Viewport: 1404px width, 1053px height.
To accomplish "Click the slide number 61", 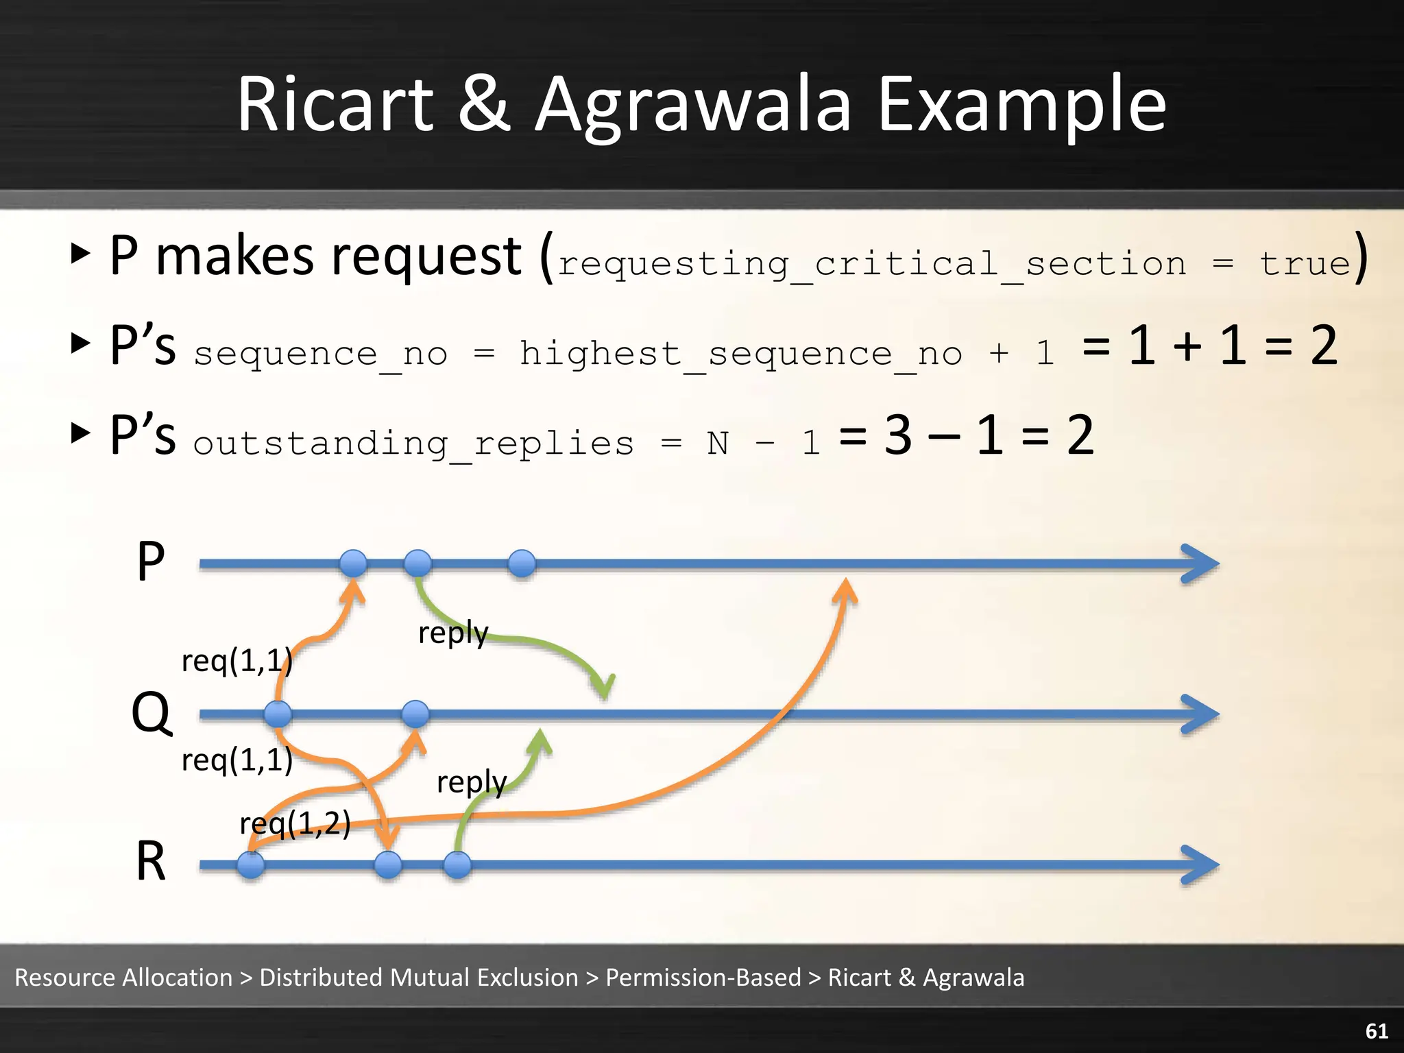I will coord(1377,1030).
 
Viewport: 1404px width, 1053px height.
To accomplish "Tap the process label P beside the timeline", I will coord(151,561).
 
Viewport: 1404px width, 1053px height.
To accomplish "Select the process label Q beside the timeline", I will coord(151,713).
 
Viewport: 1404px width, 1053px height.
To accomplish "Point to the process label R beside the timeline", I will coord(151,861).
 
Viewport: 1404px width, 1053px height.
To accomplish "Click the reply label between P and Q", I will coord(453,632).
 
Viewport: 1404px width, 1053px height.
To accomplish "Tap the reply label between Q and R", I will coord(471,782).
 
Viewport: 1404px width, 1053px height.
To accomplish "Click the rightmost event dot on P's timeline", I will coord(522,564).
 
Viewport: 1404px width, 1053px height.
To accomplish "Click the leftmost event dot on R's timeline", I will coord(251,864).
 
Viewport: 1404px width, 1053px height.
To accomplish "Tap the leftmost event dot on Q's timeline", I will coord(278,714).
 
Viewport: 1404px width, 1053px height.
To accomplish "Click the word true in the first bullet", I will coord(1304,264).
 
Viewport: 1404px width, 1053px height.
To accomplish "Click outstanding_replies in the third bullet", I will coord(413,444).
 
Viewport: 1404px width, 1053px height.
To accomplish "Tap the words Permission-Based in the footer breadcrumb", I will coord(703,977).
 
